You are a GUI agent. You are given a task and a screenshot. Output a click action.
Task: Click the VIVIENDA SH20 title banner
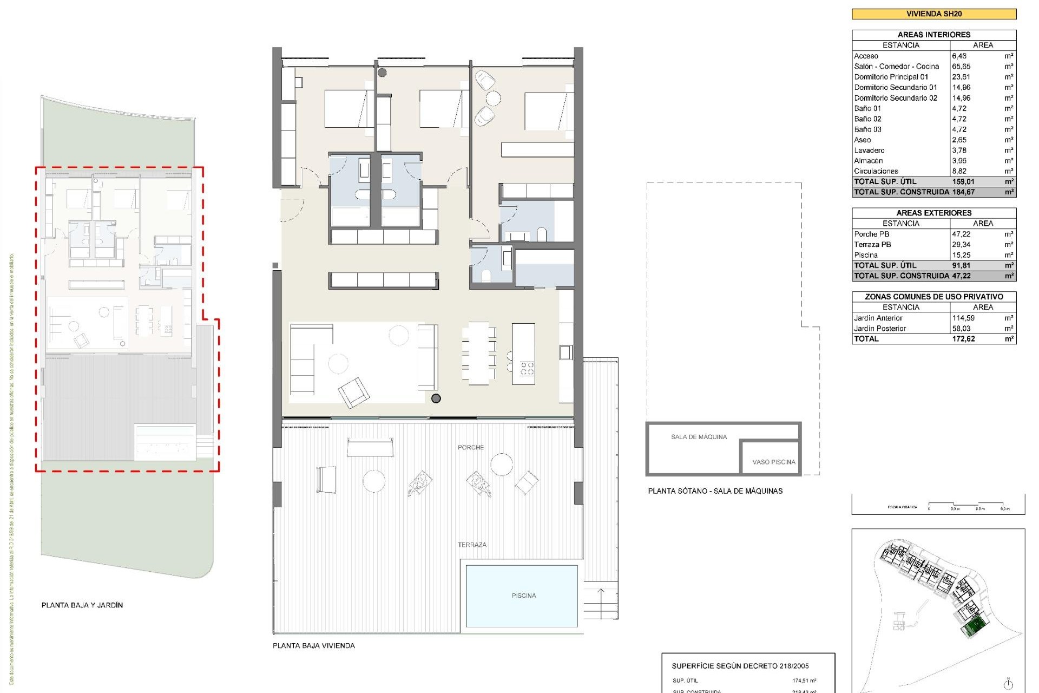[933, 14]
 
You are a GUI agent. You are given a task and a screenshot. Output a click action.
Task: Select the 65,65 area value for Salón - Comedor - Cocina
[961, 67]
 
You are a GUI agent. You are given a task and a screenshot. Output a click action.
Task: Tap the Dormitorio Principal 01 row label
[891, 77]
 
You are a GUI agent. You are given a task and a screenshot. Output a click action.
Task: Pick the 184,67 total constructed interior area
[963, 192]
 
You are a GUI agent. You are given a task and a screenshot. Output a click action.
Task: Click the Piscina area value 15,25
[961, 255]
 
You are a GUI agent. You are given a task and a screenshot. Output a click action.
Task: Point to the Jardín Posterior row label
[880, 329]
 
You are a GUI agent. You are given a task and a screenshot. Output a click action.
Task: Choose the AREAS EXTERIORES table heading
[933, 213]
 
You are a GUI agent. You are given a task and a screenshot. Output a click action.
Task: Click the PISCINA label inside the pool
[524, 596]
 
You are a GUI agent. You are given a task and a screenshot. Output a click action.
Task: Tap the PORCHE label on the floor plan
[471, 447]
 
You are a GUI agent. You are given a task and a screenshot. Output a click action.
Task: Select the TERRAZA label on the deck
[472, 545]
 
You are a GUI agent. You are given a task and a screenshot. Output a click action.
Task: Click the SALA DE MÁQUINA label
[699, 437]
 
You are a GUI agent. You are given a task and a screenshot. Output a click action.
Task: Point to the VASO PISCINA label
[774, 462]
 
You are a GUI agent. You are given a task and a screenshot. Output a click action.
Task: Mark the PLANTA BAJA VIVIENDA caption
[314, 645]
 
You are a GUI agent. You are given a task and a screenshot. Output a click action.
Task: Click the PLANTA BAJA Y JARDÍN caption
[82, 605]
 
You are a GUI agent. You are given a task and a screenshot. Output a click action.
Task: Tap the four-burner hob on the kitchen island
[527, 369]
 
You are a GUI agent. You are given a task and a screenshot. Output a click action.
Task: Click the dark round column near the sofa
[436, 398]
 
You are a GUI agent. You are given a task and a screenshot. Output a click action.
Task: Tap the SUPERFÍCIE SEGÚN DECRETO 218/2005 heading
[740, 666]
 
